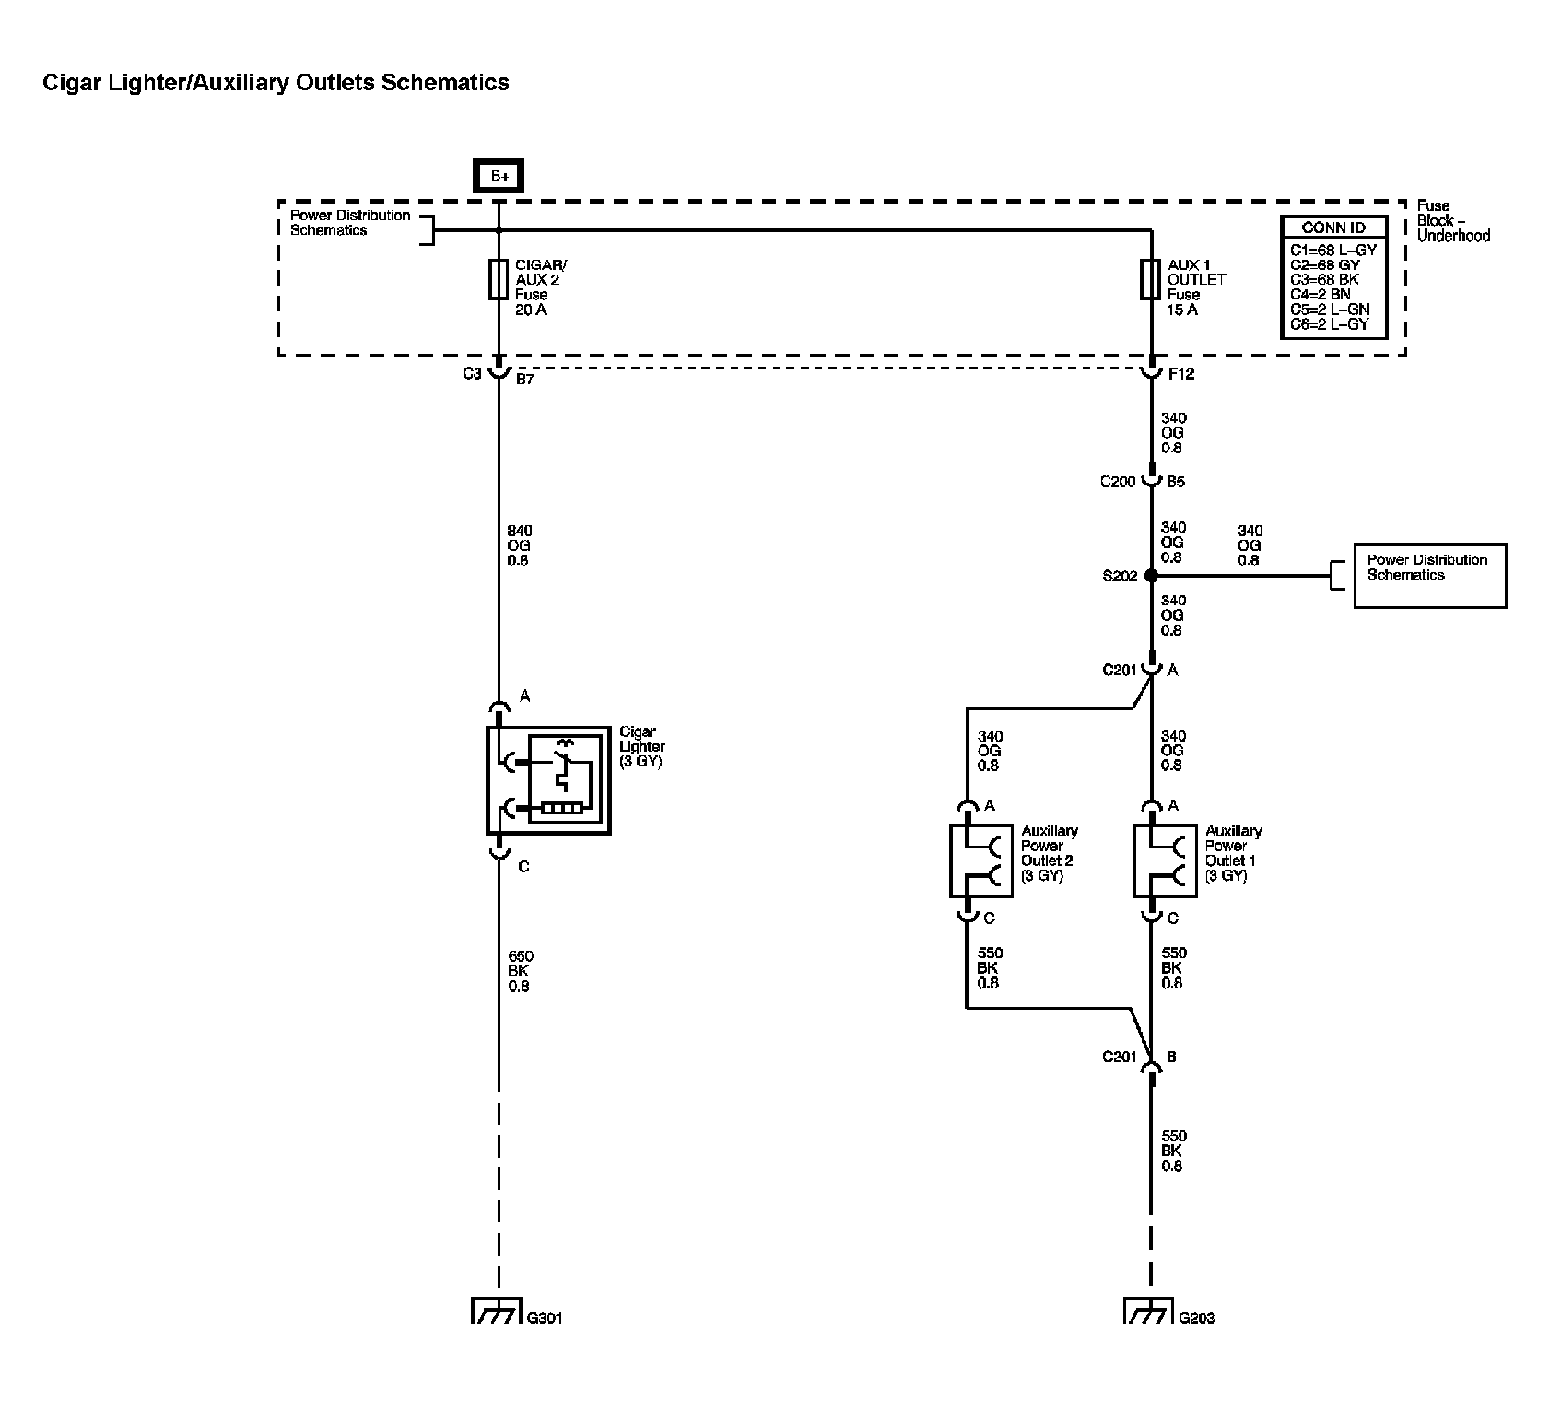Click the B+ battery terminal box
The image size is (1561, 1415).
[x=498, y=175]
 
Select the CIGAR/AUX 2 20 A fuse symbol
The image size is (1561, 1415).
[x=499, y=279]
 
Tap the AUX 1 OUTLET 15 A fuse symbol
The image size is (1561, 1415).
[x=1150, y=279]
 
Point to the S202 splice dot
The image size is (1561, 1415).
[x=1151, y=576]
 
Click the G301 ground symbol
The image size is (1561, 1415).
[x=498, y=1310]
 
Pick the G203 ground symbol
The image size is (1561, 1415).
[x=1149, y=1310]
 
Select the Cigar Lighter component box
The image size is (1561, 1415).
[x=548, y=780]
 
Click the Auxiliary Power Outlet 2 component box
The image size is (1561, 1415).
[x=980, y=860]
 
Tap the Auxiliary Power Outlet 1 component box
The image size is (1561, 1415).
[x=1165, y=860]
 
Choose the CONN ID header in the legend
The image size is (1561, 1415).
[x=1333, y=228]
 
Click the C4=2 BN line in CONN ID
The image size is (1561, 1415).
[x=1320, y=294]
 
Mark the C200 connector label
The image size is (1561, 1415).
[x=1118, y=481]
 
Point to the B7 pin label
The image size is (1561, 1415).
[x=524, y=378]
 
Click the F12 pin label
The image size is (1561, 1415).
[x=1180, y=374]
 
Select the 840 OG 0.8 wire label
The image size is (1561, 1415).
[x=519, y=545]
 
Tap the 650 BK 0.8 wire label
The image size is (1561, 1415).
[x=520, y=971]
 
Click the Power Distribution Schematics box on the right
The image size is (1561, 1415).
[x=1429, y=576]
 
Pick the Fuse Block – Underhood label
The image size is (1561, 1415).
[x=1452, y=221]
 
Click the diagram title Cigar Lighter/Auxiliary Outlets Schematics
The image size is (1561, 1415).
[x=276, y=82]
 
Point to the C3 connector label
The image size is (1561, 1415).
[x=472, y=374]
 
